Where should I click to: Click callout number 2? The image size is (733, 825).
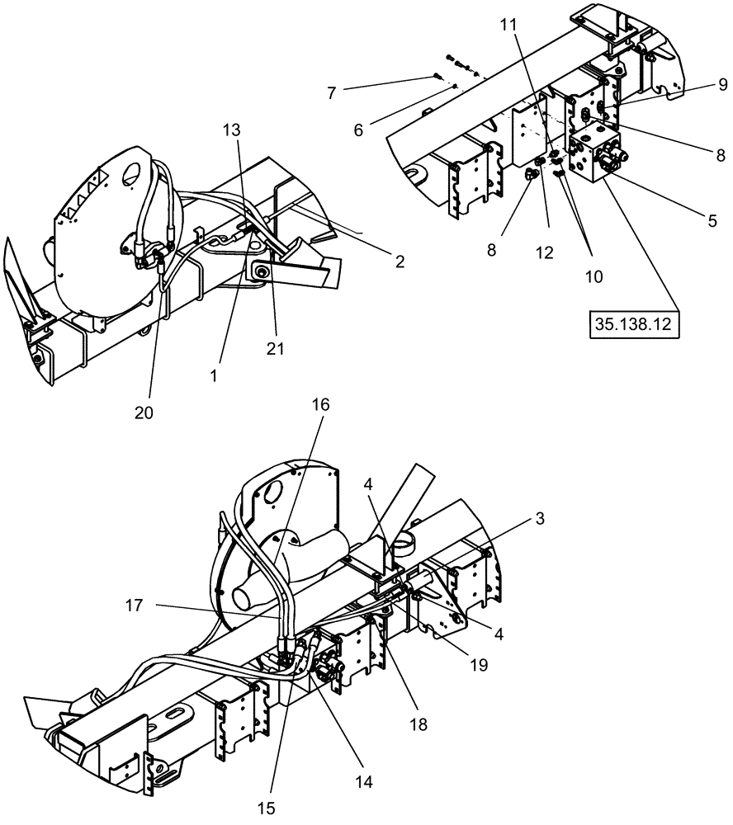[x=400, y=261]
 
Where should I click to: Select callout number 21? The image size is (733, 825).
[x=275, y=349]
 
